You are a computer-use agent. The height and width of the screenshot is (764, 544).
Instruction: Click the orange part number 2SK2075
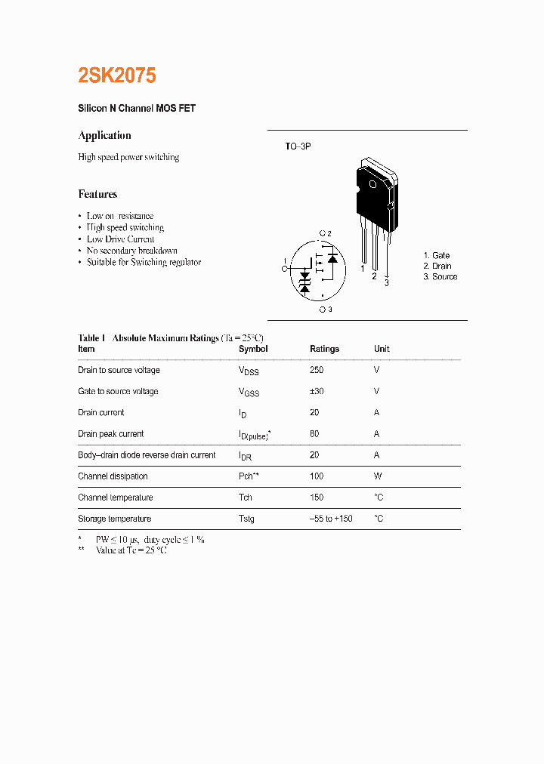[117, 75]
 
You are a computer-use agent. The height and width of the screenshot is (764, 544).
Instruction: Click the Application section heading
[104, 136]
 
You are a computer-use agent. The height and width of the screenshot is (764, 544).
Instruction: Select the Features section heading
[97, 194]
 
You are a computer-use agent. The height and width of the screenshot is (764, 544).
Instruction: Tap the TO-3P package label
[298, 146]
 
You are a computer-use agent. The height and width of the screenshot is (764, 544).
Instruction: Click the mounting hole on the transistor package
[372, 185]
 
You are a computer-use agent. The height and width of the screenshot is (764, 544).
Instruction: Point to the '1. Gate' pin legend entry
[436, 256]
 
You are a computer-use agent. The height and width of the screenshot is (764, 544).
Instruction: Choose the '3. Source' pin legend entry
[440, 277]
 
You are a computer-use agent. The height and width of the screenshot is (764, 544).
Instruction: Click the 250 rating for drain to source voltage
[317, 370]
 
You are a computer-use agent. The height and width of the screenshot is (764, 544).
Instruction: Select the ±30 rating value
[317, 391]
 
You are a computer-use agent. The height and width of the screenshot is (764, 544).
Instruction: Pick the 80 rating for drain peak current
[314, 434]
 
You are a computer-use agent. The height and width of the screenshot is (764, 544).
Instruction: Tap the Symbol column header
[253, 349]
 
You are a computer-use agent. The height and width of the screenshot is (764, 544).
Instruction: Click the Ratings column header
[324, 349]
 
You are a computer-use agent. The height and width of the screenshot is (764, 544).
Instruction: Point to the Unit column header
[382, 349]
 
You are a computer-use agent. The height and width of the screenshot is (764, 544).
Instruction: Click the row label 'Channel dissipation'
[113, 476]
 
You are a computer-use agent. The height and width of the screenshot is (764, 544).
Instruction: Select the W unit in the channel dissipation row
[378, 476]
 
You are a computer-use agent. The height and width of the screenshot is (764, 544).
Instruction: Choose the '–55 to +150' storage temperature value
[331, 519]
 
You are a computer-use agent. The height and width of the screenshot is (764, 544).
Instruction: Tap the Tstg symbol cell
[246, 519]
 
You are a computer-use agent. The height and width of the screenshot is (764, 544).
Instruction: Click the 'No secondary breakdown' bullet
[131, 251]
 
